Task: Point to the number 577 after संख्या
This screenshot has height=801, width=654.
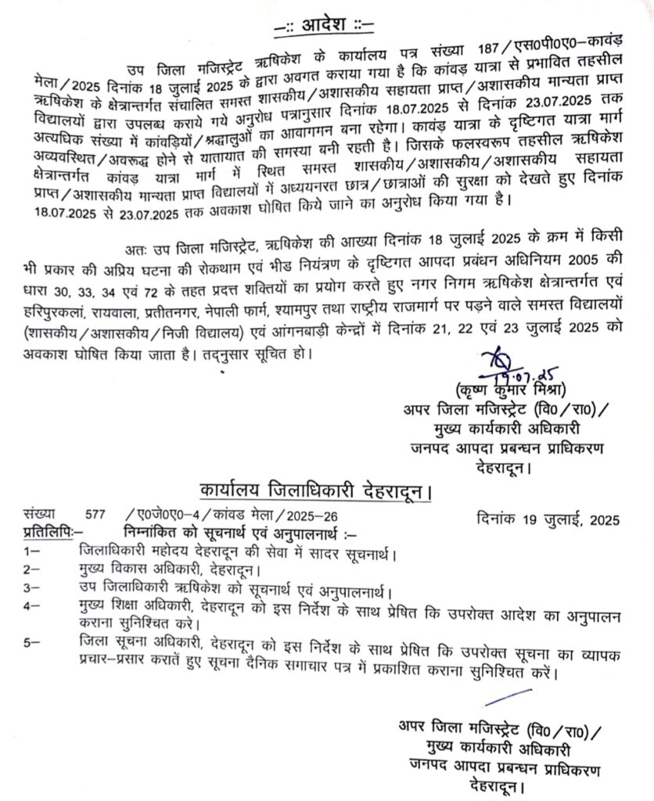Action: pyautogui.click(x=95, y=517)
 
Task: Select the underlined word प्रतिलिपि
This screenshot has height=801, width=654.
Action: pyautogui.click(x=49, y=532)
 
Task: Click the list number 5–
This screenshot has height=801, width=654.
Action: pyautogui.click(x=31, y=642)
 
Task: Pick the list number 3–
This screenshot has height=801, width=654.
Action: pyautogui.click(x=31, y=586)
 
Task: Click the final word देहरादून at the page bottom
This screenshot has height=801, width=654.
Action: pyautogui.click(x=498, y=785)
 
